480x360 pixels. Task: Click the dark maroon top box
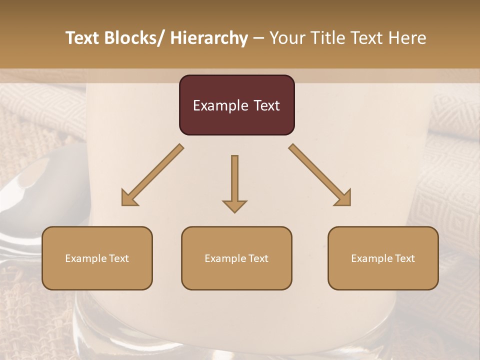236,105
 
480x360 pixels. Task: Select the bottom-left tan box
97,258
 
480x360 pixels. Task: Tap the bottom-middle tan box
236,258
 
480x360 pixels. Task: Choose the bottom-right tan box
383,258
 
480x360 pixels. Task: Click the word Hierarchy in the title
209,38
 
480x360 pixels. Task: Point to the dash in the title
258,38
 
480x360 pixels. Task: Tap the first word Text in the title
82,38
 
